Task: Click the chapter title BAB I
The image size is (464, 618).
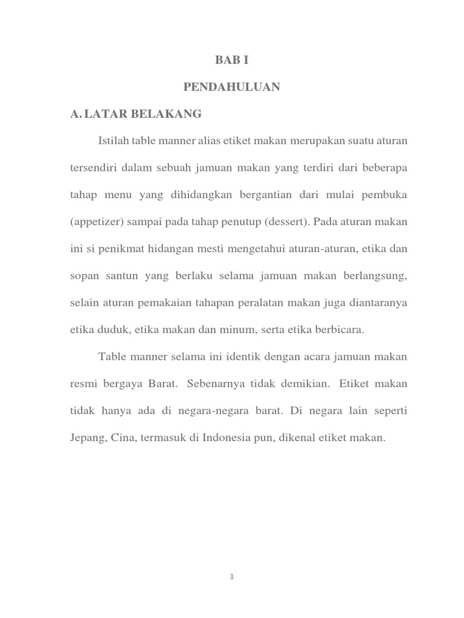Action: [232, 60]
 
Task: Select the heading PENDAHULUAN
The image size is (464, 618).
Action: [232, 88]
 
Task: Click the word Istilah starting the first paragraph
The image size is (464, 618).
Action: [113, 141]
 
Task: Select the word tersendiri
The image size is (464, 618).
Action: [93, 168]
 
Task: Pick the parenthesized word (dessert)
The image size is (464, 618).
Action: [286, 221]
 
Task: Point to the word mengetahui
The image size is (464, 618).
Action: [223, 249]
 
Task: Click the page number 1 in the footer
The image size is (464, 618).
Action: [231, 576]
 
